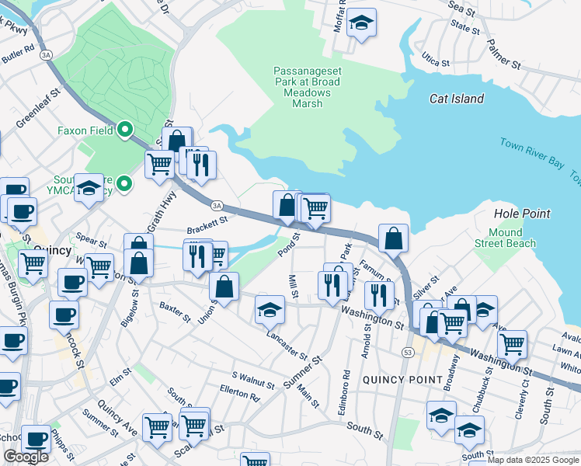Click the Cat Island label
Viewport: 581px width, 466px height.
click(456, 99)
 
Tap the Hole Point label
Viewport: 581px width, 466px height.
click(522, 214)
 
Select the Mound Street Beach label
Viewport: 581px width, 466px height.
click(511, 238)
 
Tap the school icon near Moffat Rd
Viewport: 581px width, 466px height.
click(361, 22)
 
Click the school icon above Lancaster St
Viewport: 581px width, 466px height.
click(270, 310)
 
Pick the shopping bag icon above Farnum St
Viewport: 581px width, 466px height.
click(394, 238)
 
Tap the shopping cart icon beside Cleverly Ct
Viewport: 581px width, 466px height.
click(512, 343)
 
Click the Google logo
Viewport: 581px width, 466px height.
click(26, 457)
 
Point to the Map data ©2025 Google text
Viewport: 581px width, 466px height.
click(533, 460)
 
